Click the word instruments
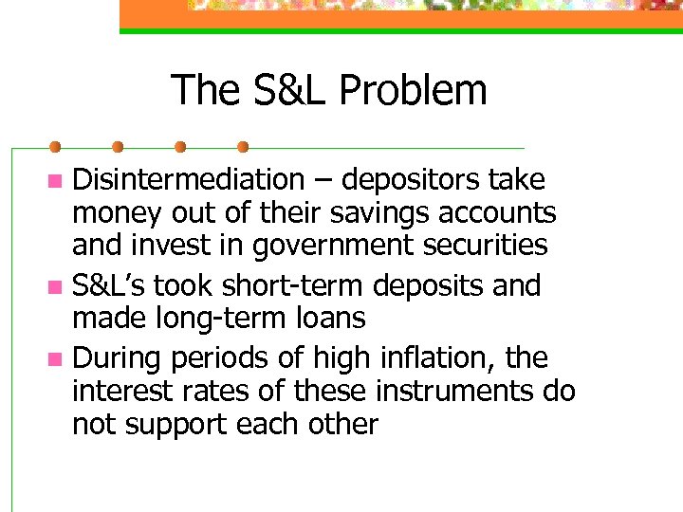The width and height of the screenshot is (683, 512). [444, 392]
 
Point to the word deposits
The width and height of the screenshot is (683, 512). [412, 285]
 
